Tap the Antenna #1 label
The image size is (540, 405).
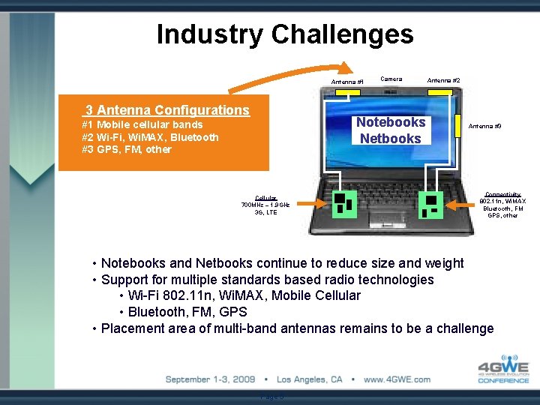[347, 82]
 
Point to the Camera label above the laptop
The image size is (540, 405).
[391, 79]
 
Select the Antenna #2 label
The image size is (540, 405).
[443, 80]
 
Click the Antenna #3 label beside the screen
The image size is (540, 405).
[486, 126]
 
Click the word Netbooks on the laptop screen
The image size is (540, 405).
[390, 139]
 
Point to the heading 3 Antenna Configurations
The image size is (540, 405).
[166, 110]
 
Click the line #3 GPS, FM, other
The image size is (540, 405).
[127, 149]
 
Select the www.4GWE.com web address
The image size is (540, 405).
[397, 379]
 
